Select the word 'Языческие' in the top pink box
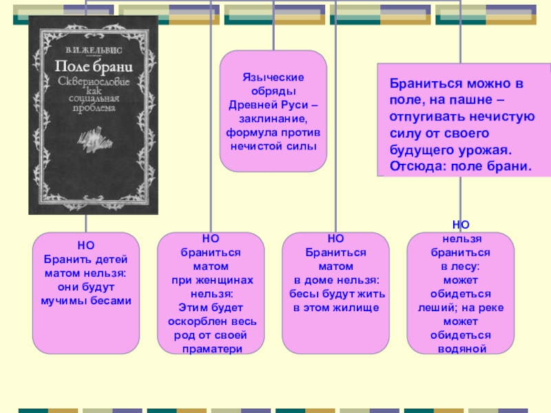click(x=273, y=78)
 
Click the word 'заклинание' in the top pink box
click(x=273, y=118)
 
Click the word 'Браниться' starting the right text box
click(x=419, y=84)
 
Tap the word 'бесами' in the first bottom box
click(x=114, y=301)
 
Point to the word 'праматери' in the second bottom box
click(x=211, y=349)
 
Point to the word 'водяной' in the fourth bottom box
click(x=461, y=348)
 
